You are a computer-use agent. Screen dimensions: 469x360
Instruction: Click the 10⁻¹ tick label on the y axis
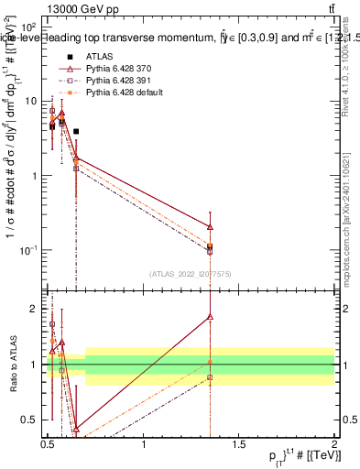(x=29, y=249)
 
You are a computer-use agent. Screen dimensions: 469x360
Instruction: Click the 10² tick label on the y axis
(x=29, y=28)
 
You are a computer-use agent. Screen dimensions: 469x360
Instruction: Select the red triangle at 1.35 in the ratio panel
(x=211, y=317)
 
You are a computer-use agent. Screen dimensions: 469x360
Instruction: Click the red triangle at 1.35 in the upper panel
(x=211, y=226)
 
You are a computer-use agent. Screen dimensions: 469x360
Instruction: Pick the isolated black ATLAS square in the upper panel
(x=76, y=132)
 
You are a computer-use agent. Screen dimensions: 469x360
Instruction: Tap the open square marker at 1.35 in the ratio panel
(x=211, y=377)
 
